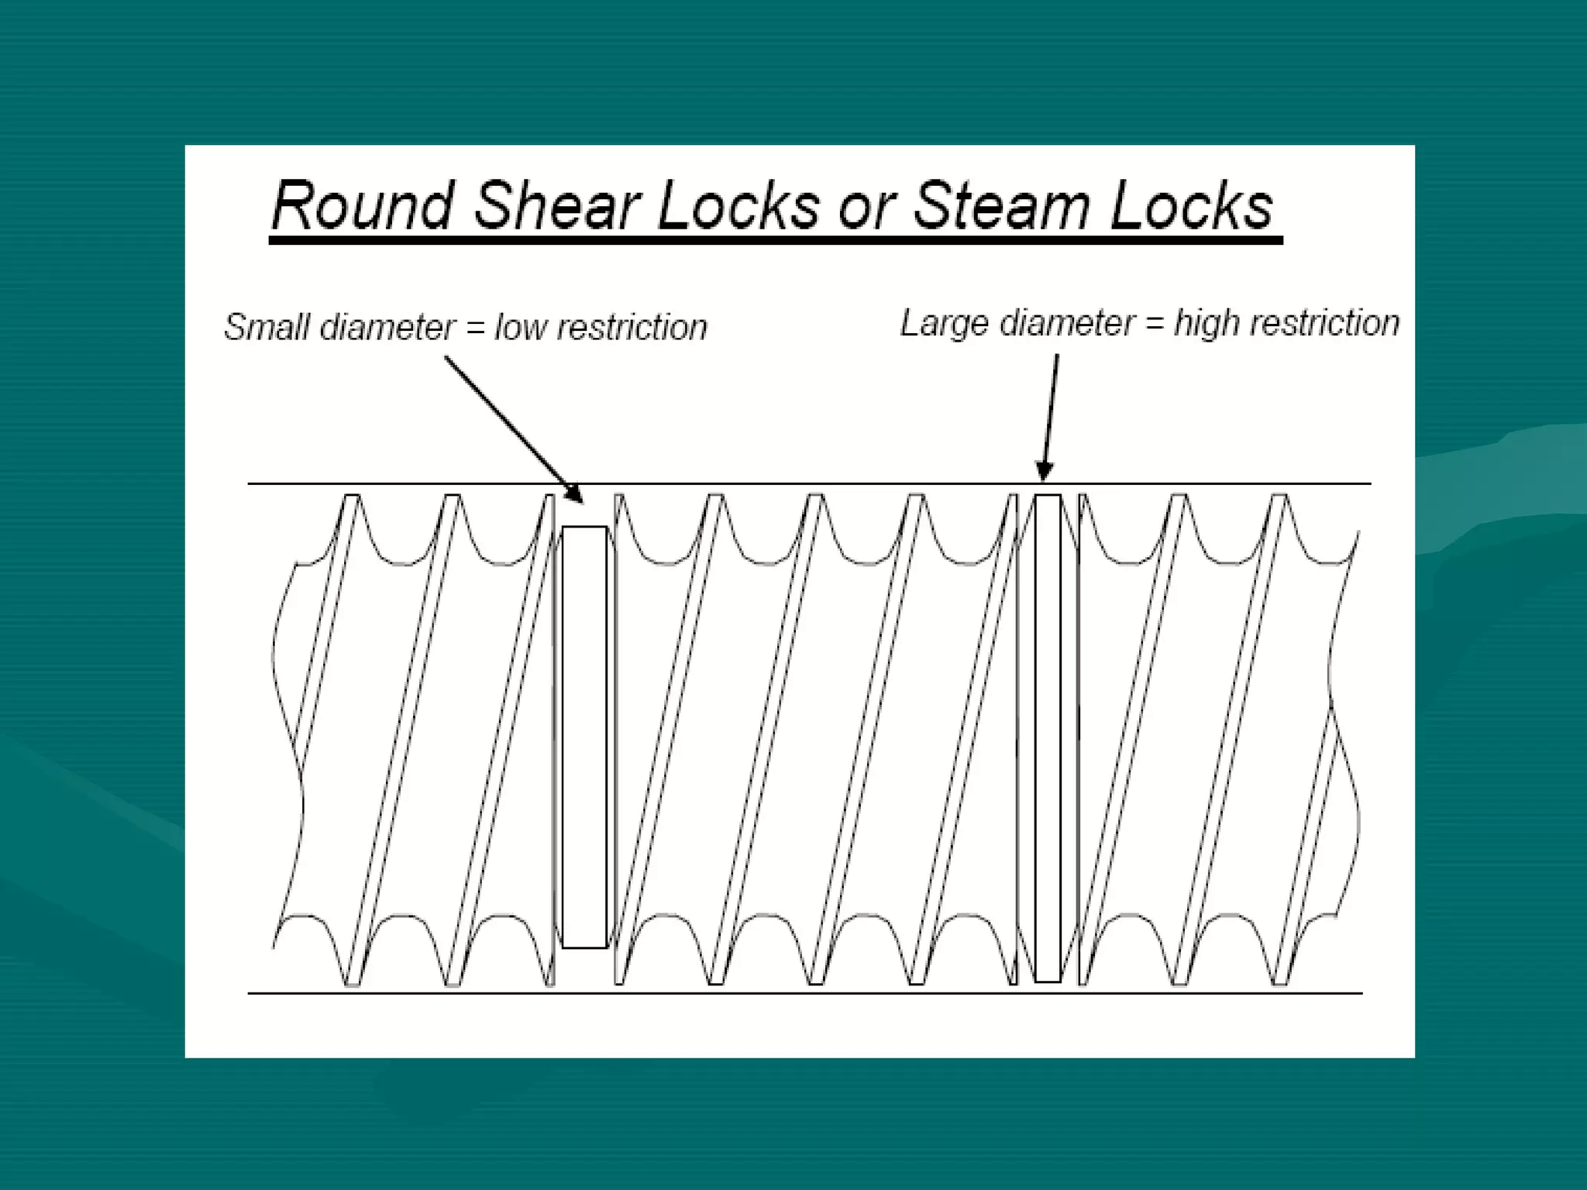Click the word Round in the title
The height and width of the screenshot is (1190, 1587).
(362, 206)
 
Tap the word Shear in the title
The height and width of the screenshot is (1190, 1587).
(556, 206)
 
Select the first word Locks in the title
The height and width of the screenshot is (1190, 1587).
(738, 206)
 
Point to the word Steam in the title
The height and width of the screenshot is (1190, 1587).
(1001, 206)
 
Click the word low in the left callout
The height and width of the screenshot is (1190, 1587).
(522, 326)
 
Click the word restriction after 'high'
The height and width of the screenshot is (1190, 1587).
(1326, 323)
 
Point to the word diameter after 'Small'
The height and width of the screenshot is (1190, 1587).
(387, 326)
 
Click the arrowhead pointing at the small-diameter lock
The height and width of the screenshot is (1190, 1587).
(574, 493)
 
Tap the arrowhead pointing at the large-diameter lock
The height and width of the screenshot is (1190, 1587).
(1045, 469)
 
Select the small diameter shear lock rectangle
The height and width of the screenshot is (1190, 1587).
(584, 736)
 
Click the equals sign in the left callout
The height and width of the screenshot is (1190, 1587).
(475, 328)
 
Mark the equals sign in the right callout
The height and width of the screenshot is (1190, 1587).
(1155, 324)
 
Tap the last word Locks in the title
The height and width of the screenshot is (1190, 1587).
(1190, 206)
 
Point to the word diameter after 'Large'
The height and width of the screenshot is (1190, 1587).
(1067, 323)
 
